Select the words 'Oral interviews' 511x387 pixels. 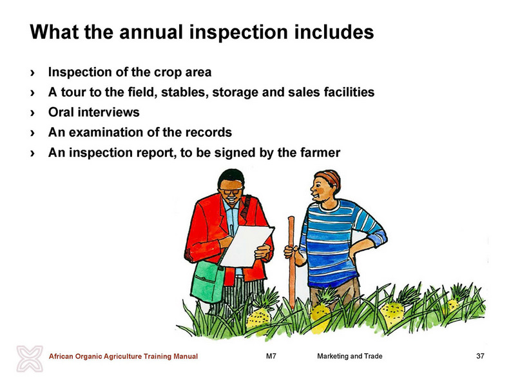[94, 112]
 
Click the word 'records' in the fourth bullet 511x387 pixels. [209, 132]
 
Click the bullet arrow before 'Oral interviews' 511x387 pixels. [32, 113]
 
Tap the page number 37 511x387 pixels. [480, 356]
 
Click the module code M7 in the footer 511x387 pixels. [271, 356]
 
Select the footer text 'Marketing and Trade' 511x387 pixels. [350, 356]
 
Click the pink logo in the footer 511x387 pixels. [30, 359]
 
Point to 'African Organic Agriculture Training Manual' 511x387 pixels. [123, 356]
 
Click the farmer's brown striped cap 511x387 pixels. [329, 178]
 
